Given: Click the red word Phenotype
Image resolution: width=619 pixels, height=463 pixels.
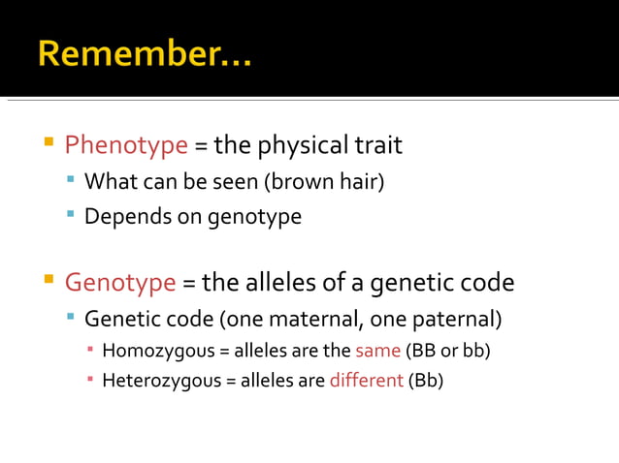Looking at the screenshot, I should [126, 145].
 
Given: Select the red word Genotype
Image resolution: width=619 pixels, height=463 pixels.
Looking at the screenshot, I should [120, 283].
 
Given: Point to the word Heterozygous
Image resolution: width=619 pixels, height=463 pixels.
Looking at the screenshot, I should [161, 380].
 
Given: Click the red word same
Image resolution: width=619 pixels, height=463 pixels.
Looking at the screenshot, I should [377, 350].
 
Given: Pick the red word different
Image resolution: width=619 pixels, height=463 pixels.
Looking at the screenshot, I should [366, 380].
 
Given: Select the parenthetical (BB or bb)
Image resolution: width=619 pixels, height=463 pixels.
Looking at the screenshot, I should [448, 350].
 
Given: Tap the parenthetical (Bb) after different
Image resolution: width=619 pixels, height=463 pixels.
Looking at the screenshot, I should [426, 380].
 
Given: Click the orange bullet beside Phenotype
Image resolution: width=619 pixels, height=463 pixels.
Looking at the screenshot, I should [48, 144].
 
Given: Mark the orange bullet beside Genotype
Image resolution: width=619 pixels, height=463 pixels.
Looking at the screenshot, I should [48, 282].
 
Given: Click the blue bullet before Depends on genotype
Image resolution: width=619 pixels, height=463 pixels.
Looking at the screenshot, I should [71, 214].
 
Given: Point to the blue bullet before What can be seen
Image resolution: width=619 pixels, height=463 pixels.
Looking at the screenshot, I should [71, 179].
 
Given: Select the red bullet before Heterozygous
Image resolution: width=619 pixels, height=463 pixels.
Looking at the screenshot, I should [90, 379].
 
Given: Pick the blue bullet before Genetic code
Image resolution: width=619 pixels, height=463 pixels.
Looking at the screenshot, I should [71, 317].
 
